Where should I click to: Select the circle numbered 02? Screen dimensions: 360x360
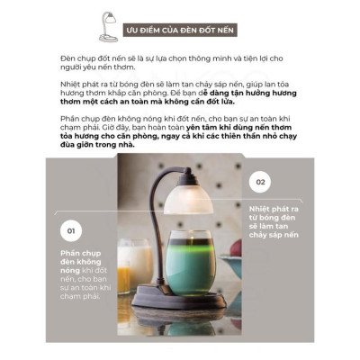(x=260, y=181)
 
